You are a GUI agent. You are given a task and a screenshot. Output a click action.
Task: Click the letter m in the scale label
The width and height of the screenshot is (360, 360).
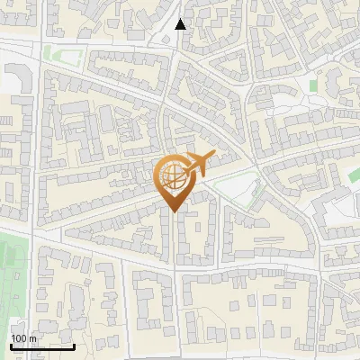coord(32,338)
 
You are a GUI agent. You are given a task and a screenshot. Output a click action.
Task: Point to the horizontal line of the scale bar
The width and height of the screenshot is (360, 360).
coord(41,346)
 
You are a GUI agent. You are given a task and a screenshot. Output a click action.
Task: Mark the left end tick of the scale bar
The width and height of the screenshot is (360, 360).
coord(10,344)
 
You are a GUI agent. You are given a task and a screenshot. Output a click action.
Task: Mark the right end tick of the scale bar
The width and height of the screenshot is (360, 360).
coord(74,344)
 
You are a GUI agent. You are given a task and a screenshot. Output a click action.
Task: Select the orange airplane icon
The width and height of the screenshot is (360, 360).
coord(199,165)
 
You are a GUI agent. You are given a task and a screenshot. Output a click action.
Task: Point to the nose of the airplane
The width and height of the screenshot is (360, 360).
coord(214,157)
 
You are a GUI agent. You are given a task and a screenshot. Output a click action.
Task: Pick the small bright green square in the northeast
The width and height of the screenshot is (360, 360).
coord(313,85)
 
